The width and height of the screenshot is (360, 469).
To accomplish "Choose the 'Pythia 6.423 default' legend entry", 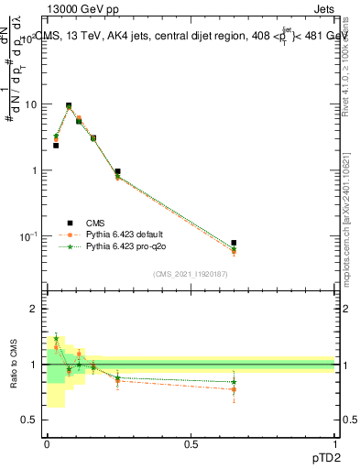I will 128,234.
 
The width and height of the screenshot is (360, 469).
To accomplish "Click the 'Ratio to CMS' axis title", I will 15,364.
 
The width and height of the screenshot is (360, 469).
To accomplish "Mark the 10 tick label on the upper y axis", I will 31,104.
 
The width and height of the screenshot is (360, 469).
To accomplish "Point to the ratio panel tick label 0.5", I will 30,420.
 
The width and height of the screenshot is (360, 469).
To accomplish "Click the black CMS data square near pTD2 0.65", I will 234,243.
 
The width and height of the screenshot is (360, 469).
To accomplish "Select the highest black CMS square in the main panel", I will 69,105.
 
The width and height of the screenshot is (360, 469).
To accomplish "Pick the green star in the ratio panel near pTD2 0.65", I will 234,382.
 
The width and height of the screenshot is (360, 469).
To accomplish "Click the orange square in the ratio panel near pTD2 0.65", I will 234,389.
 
